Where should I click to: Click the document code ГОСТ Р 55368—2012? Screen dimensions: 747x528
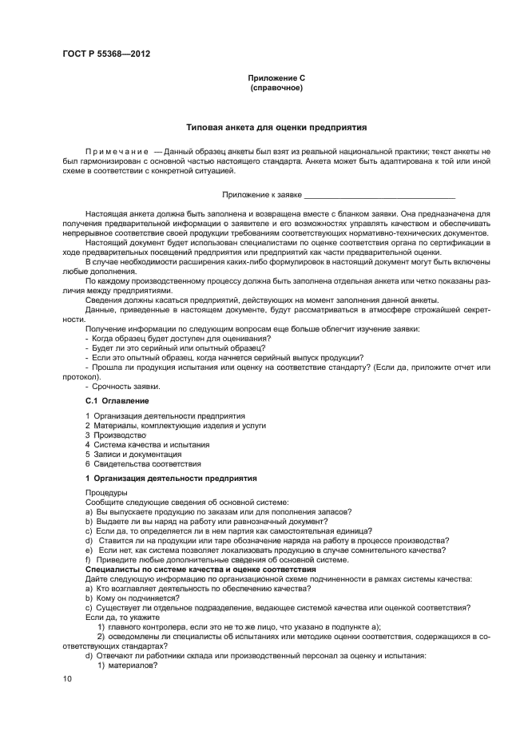coord(105,54)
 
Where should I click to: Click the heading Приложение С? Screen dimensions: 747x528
coord(276,78)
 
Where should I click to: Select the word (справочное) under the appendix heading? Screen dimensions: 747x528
coord(276,87)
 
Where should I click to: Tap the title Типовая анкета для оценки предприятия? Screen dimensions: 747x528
coord(276,127)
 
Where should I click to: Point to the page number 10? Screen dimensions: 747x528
coord(67,678)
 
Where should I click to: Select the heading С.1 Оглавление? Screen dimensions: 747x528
coord(117,399)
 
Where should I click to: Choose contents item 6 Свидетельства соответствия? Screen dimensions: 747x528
coord(143,463)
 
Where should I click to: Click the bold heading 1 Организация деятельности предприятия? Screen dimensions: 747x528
coord(170,478)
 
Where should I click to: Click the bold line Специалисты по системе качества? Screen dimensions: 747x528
coord(200,569)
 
